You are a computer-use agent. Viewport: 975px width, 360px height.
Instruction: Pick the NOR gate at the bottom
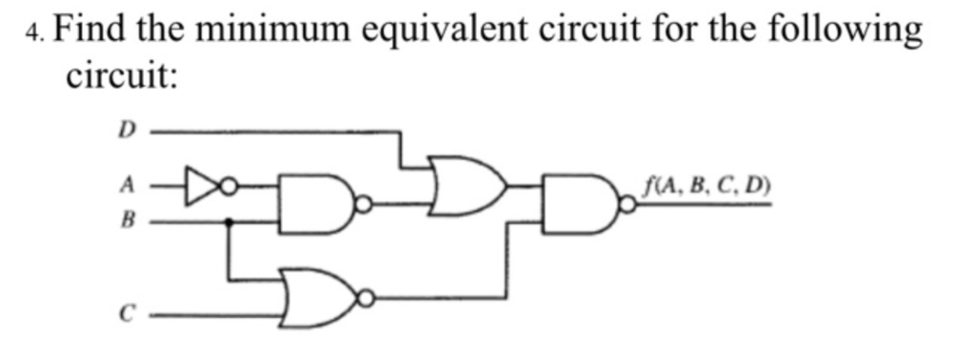(314, 298)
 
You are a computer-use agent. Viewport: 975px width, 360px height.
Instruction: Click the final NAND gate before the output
(577, 203)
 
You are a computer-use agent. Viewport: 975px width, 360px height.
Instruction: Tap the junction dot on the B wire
(229, 222)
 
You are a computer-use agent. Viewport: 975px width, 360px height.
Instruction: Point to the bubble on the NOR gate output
(364, 299)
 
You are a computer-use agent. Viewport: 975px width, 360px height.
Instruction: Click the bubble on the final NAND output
(626, 203)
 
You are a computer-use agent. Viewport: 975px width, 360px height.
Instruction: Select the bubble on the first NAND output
(363, 203)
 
